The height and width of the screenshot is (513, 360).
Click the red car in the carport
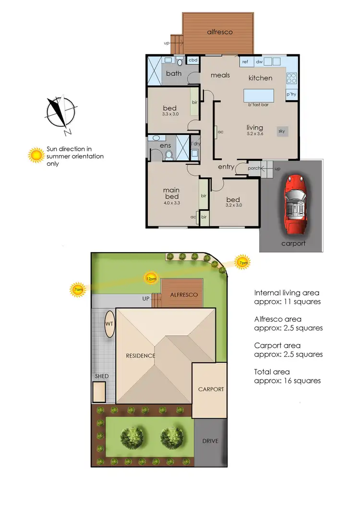294,204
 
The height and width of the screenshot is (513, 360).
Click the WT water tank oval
109,324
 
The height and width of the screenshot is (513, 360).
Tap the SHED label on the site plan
102,376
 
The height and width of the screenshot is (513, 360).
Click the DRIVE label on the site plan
210,441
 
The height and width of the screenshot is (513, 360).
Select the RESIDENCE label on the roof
141,356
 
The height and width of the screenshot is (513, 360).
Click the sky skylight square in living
281,131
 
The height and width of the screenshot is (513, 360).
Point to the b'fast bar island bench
259,94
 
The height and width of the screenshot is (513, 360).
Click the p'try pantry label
291,95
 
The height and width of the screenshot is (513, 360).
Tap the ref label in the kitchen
245,61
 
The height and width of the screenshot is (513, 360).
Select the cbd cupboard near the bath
193,60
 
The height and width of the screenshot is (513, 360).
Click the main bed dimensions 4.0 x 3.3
171,203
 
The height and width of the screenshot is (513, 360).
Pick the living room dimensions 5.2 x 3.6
255,134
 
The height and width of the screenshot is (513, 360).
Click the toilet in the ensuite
168,155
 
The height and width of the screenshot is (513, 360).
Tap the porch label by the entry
254,168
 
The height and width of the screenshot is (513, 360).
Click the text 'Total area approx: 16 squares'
287,376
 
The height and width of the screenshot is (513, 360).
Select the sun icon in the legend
36,155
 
